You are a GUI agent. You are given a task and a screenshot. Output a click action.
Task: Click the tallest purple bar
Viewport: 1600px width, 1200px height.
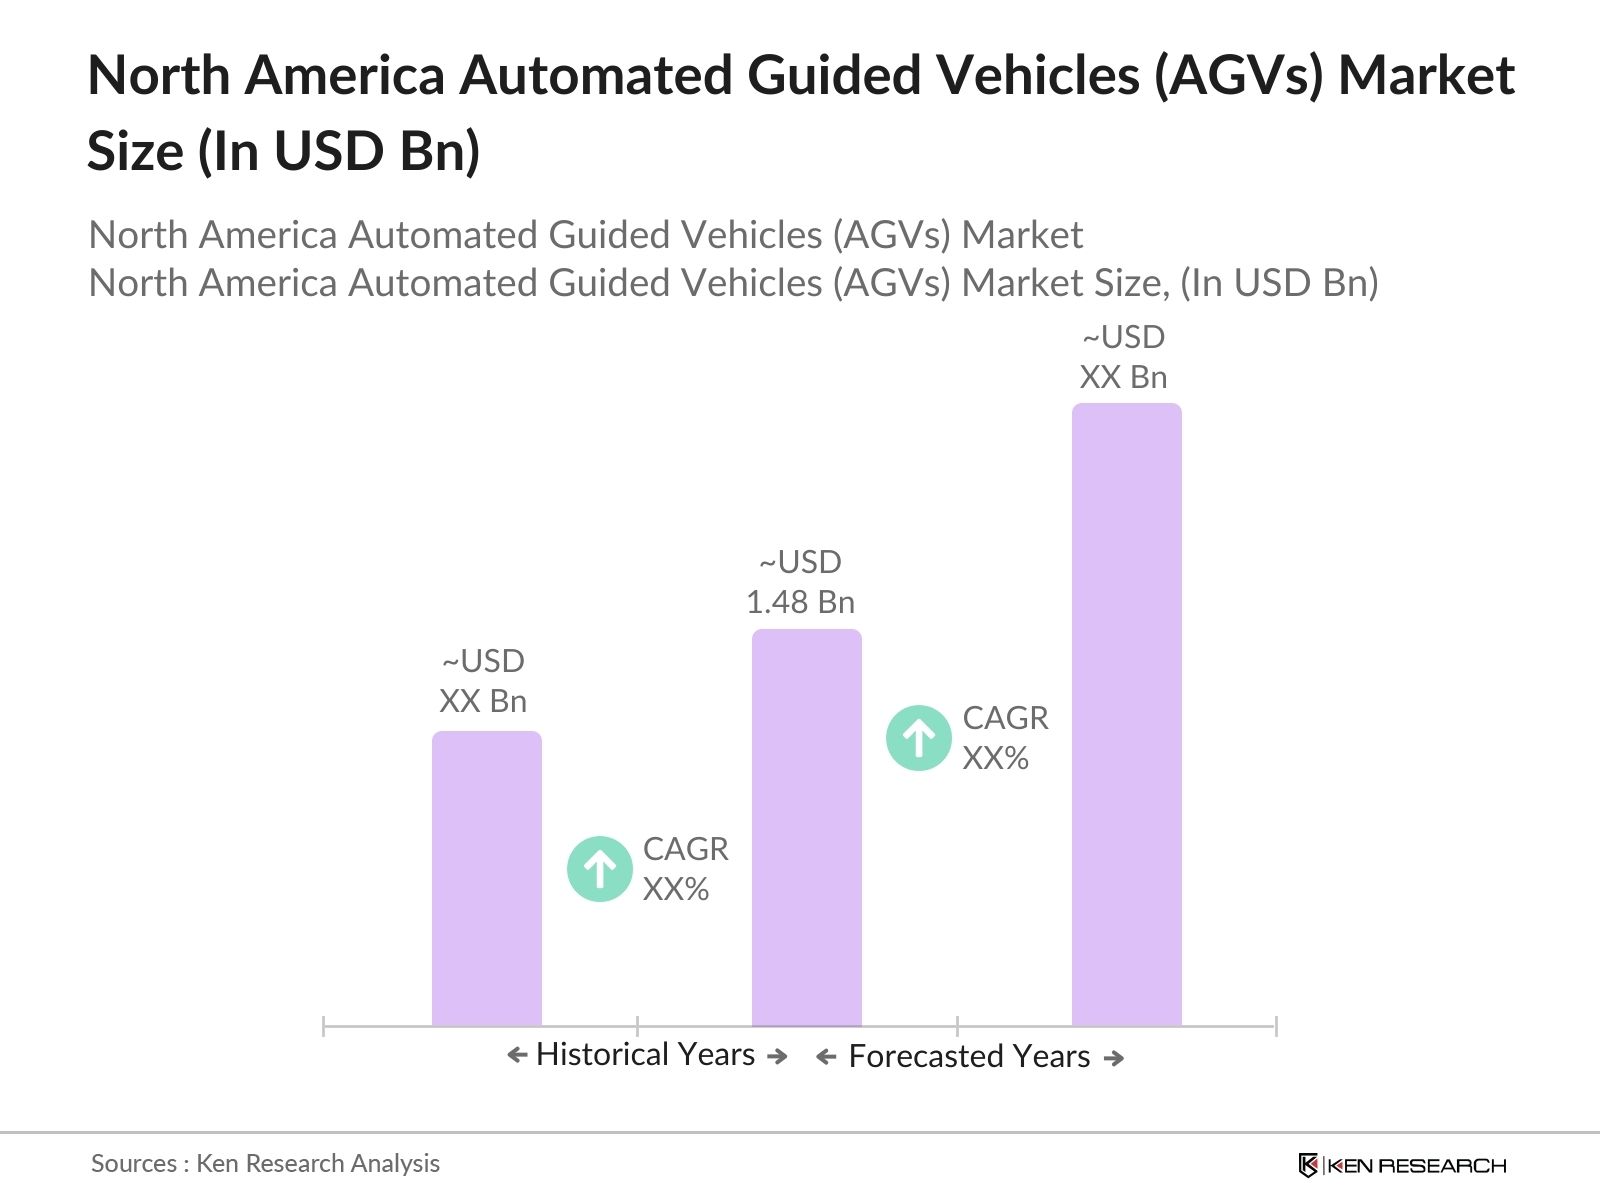click(1126, 715)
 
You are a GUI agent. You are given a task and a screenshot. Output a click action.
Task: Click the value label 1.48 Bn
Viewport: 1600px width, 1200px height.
click(800, 602)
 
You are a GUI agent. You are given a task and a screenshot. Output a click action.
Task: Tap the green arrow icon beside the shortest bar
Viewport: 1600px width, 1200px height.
click(599, 869)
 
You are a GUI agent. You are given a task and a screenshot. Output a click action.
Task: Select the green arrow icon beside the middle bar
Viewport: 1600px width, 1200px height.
click(918, 738)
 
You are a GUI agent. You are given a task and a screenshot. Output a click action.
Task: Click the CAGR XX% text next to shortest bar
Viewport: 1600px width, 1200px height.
click(685, 869)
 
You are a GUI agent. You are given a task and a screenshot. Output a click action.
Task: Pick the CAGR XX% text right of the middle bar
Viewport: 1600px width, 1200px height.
click(1005, 738)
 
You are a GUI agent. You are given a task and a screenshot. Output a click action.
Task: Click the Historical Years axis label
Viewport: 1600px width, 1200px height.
click(645, 1055)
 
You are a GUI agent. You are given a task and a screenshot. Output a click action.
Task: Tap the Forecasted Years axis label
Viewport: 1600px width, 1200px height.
click(968, 1057)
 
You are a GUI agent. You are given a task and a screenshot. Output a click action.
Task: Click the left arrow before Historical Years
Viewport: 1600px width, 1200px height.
click(517, 1055)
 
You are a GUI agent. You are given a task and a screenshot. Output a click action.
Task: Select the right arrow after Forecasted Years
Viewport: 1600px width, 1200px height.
click(1114, 1058)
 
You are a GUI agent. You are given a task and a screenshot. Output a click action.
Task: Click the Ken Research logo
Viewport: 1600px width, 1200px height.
click(1402, 1165)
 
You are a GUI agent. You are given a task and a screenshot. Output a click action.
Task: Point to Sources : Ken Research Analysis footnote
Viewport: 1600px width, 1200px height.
click(265, 1163)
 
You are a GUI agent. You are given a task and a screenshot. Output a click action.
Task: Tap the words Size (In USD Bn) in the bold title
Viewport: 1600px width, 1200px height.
click(284, 152)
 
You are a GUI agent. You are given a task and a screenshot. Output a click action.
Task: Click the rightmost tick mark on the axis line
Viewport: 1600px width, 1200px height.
click(1275, 1026)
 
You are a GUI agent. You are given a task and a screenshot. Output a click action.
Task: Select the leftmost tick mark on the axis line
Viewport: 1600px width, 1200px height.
click(324, 1026)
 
